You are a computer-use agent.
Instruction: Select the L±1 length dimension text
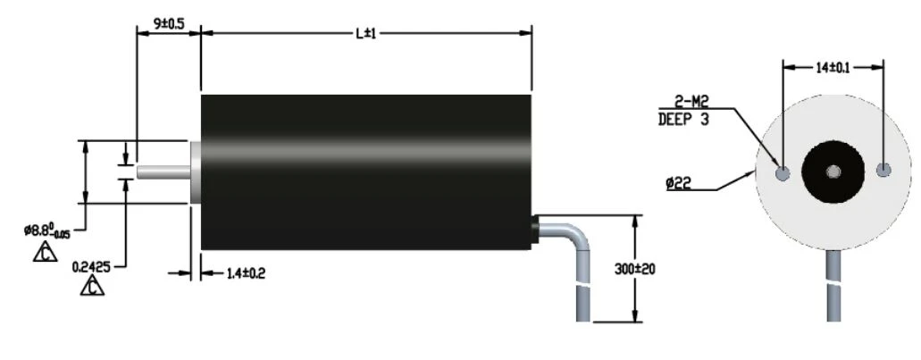366,33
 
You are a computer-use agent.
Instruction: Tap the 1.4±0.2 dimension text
246,273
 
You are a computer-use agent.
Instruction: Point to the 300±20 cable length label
635,269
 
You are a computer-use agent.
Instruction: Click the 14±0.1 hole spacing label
833,68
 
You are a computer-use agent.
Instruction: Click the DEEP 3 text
683,120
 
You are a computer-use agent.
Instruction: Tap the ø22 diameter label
678,184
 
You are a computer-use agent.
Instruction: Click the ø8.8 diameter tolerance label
47,230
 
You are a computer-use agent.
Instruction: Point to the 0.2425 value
91,267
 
